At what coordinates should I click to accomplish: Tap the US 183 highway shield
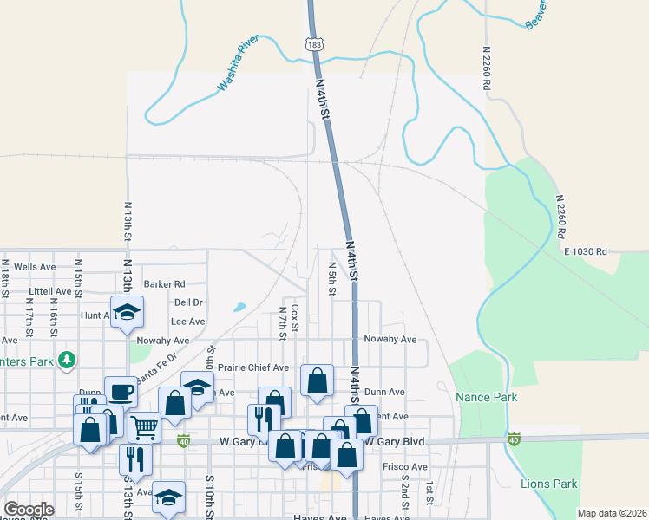click(x=315, y=42)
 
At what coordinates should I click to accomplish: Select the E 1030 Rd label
click(x=586, y=251)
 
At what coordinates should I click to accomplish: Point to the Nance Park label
click(x=487, y=397)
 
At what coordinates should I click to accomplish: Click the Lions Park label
click(x=549, y=484)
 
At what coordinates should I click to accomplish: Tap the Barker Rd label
click(x=165, y=283)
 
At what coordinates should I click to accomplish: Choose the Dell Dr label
click(x=187, y=302)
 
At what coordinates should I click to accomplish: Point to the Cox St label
click(x=295, y=317)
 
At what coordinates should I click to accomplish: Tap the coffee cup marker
click(x=121, y=392)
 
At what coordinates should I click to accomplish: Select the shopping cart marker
click(x=144, y=426)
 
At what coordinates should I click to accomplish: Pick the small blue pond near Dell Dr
click(x=239, y=307)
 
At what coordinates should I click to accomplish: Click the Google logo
click(x=29, y=510)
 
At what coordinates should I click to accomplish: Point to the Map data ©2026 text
click(x=611, y=513)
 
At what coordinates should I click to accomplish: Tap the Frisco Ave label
click(x=405, y=466)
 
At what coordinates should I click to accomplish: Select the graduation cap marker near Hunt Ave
click(x=128, y=313)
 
